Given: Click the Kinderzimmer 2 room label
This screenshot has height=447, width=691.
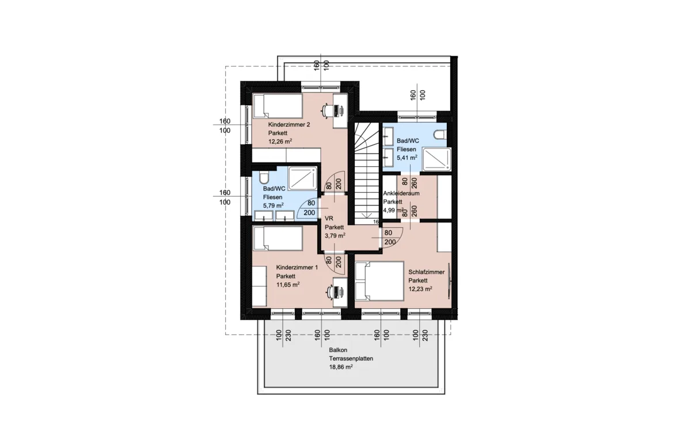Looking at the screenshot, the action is (x=288, y=124).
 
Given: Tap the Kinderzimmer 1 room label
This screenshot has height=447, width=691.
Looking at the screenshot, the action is (x=297, y=268).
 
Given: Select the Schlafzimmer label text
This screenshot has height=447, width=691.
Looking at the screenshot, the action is (x=426, y=272).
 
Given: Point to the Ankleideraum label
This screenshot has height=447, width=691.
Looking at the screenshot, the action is (x=401, y=193).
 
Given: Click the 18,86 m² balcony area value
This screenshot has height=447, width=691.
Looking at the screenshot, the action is (x=341, y=367).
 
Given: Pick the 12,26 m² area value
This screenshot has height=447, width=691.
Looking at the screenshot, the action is (x=280, y=141).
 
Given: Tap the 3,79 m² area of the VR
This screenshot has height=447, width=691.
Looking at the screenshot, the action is (x=335, y=236).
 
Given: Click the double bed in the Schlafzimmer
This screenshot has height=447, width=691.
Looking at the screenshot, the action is (x=379, y=281).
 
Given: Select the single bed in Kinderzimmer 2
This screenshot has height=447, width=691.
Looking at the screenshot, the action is (x=278, y=106).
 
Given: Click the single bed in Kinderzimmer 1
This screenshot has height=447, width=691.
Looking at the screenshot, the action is (x=278, y=238).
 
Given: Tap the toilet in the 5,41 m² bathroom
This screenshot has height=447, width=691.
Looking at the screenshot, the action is (x=440, y=135).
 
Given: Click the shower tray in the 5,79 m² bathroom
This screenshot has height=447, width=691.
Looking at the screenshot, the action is (x=303, y=178).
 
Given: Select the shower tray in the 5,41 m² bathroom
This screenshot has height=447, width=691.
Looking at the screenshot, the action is (x=437, y=159).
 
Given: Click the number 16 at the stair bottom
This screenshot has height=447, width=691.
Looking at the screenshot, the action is (x=375, y=221).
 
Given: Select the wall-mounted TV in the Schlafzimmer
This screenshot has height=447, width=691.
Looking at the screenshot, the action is (x=449, y=281).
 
